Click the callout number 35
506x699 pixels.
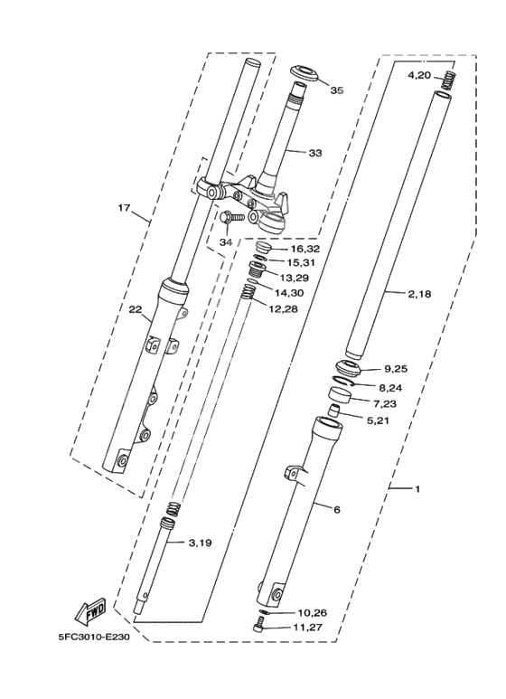[337, 90]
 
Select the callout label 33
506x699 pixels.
[314, 153]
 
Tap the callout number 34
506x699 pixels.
[225, 241]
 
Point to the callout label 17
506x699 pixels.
[125, 208]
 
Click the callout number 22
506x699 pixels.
[136, 310]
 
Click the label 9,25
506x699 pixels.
[397, 369]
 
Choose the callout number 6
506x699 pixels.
[337, 510]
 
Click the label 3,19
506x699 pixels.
[201, 543]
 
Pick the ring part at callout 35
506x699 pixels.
[303, 71]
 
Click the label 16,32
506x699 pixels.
[305, 248]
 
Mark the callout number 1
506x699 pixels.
[417, 489]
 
